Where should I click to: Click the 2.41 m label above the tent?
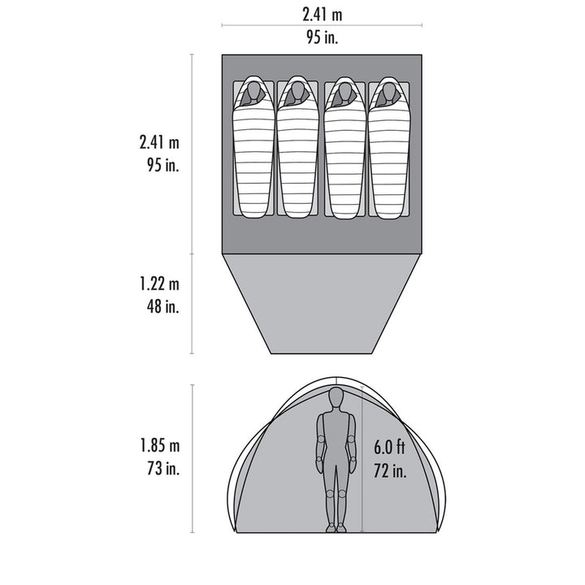coord(322,15)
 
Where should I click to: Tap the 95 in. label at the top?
coord(322,37)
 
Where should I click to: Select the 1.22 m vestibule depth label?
coord(159,284)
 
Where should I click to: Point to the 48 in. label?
coord(162,306)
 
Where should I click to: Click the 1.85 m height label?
coord(160,445)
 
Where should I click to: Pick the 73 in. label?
coord(163,468)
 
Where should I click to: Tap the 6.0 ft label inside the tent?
coord(389,447)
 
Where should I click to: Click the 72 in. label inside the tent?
coord(390,470)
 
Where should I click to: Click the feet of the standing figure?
coord(336,527)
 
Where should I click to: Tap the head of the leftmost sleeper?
coord(253,92)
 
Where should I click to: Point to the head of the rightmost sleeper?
coord(388,92)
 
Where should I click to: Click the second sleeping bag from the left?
coord(297,147)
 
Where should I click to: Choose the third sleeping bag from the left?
coord(344,148)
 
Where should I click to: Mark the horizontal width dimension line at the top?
coord(322,25)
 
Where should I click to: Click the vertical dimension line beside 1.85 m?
coord(192,458)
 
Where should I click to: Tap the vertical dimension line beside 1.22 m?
coord(192,303)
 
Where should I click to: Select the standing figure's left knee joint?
coord(330,494)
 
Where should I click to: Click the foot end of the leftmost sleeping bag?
coord(253,214)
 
